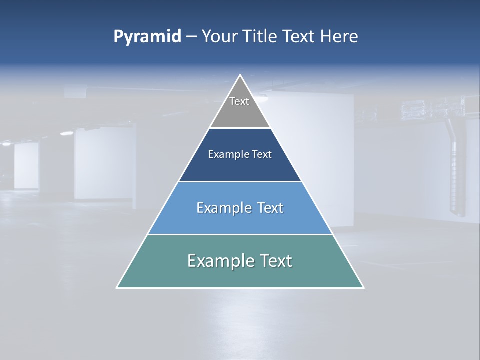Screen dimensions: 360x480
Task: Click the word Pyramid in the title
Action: coord(147,37)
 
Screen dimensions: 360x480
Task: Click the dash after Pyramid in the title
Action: coord(191,37)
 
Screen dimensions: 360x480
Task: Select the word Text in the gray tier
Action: coord(239,101)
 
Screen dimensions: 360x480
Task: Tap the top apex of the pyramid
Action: coord(240,75)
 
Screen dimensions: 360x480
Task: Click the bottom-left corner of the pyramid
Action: coord(117,287)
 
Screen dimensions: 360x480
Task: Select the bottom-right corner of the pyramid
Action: coord(363,287)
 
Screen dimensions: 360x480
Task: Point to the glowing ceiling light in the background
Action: coord(67,133)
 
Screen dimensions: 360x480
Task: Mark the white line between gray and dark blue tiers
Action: coord(240,128)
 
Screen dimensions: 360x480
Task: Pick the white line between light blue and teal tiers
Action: coord(240,234)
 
